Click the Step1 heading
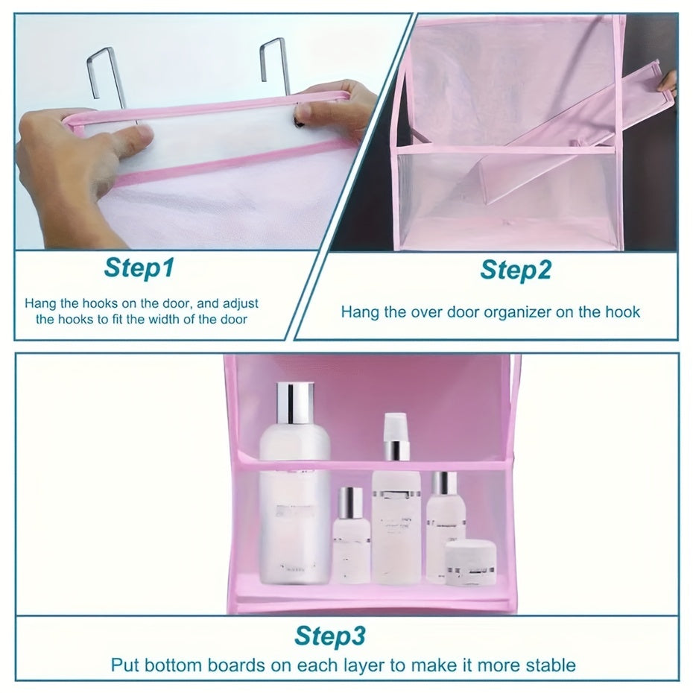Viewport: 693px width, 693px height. (x=139, y=268)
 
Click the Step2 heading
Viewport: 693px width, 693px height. (x=516, y=270)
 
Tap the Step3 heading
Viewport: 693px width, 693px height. (x=330, y=636)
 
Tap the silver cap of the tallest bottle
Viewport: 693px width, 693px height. (x=295, y=402)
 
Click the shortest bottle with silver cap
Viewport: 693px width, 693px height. (x=352, y=534)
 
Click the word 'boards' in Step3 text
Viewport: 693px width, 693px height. (x=235, y=665)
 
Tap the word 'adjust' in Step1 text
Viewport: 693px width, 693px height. (x=241, y=304)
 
